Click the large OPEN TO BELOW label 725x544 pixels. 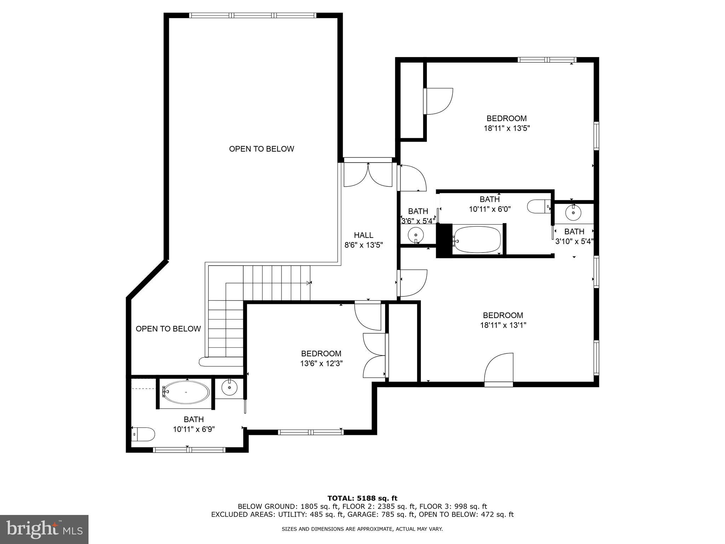click(261, 149)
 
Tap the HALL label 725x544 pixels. click(364, 235)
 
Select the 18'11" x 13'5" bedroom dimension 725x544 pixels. click(507, 128)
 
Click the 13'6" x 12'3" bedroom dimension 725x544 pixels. click(321, 363)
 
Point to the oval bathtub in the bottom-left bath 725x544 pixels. click(187, 392)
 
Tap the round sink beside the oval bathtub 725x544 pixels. click(229, 387)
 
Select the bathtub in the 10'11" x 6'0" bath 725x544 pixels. click(477, 240)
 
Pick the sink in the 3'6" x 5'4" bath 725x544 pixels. click(416, 234)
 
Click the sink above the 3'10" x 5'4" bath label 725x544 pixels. click(573, 212)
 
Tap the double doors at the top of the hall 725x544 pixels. click(368, 175)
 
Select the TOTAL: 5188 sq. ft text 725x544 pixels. click(362, 499)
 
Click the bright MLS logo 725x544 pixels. click(44, 529)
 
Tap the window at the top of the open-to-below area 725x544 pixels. click(252, 16)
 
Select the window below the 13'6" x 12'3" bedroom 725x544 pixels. click(310, 432)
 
